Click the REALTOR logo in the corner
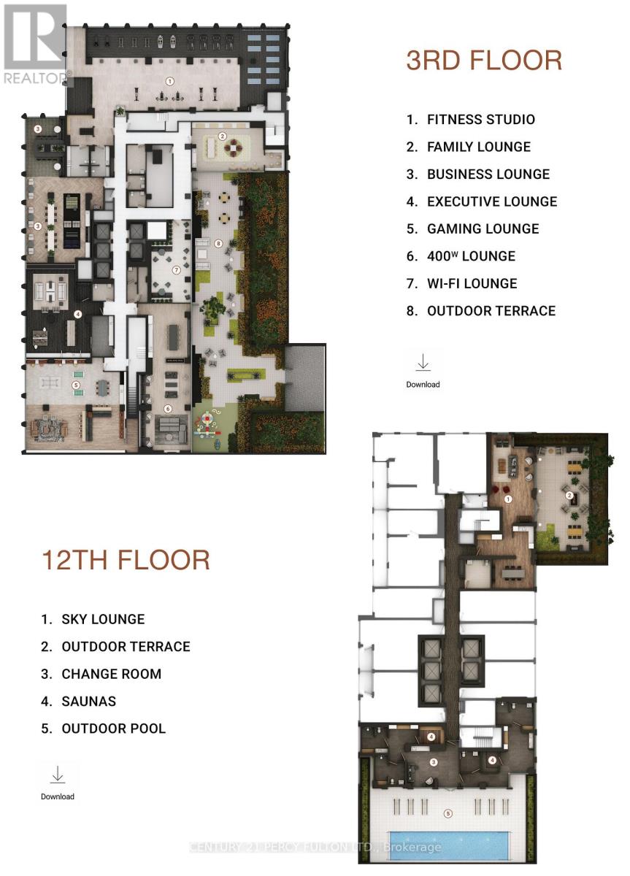tap(34, 44)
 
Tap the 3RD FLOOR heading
tap(484, 61)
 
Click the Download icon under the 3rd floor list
tap(423, 363)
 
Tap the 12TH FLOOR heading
tap(126, 561)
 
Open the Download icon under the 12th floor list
tap(58, 775)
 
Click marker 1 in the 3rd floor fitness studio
tap(170, 81)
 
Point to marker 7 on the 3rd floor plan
tap(176, 269)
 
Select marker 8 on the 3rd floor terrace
tap(218, 243)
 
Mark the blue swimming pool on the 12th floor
tap(447, 845)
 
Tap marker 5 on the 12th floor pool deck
tap(448, 812)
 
